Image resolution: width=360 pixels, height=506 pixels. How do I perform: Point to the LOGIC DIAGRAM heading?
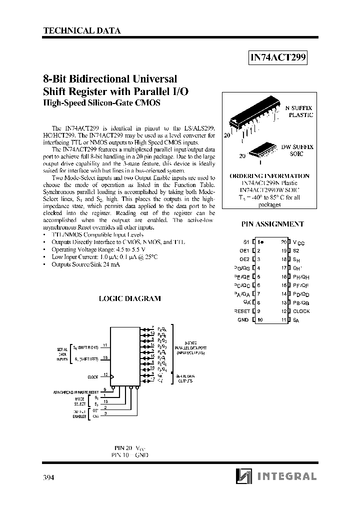(129, 298)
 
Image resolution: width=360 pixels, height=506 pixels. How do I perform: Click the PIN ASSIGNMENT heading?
(272, 224)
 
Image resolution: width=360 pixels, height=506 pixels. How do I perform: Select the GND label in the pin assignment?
(243, 319)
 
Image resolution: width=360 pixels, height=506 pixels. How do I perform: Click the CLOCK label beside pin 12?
(301, 311)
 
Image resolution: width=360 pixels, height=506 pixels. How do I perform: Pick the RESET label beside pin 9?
(241, 311)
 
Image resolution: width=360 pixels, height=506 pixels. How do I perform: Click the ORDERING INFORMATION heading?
(269, 176)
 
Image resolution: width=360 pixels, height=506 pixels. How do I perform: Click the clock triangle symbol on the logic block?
(112, 376)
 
